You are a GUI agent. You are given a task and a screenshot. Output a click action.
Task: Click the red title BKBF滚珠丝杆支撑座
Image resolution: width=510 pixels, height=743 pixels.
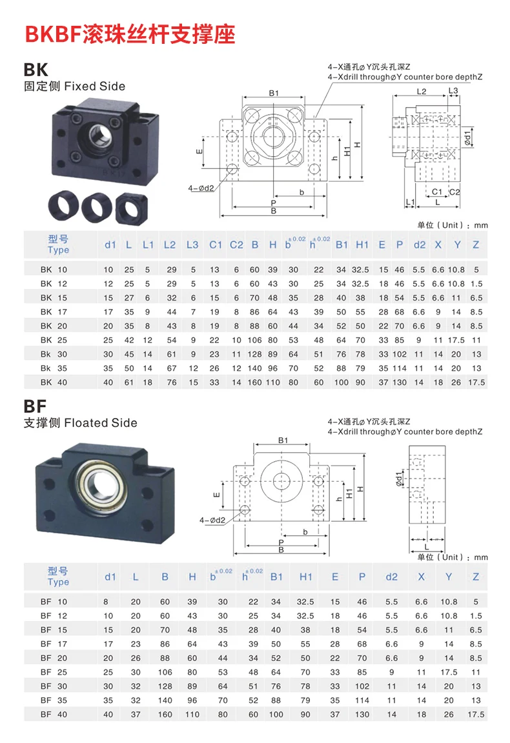[x=130, y=34]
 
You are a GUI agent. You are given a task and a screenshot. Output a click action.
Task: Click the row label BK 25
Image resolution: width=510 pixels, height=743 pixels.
[x=54, y=340]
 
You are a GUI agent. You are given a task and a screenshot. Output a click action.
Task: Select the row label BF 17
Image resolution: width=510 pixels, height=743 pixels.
[x=54, y=644]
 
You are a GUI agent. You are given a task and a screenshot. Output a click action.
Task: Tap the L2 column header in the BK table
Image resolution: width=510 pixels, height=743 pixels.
[x=170, y=244]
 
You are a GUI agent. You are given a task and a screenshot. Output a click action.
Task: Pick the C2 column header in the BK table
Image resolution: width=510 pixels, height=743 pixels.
[x=236, y=244]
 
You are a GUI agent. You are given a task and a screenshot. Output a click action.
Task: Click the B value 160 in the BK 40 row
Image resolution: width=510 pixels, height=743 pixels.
[x=254, y=382]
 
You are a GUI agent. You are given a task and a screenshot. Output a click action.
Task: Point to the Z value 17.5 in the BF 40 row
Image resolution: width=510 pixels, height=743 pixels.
[x=476, y=715]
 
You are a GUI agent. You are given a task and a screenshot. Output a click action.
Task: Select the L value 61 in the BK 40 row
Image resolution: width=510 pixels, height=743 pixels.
[x=129, y=382]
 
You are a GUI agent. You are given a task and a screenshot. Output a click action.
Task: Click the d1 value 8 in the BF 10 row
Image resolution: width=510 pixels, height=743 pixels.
[x=108, y=602]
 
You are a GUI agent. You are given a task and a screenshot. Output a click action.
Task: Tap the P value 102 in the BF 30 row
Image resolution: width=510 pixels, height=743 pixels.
[x=362, y=686]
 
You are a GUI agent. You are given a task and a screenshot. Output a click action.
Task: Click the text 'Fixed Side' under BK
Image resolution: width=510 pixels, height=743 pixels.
[x=95, y=86]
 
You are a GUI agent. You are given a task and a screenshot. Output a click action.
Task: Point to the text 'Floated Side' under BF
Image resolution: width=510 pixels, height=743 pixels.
[x=101, y=423]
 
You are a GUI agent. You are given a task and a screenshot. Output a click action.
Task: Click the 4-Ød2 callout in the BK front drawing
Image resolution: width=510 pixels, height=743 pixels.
[x=201, y=188]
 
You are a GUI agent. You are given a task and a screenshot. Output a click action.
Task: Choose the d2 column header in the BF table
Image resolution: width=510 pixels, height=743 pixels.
[x=391, y=577]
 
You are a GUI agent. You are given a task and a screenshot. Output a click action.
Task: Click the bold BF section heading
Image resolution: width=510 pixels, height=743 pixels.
[x=37, y=406]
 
